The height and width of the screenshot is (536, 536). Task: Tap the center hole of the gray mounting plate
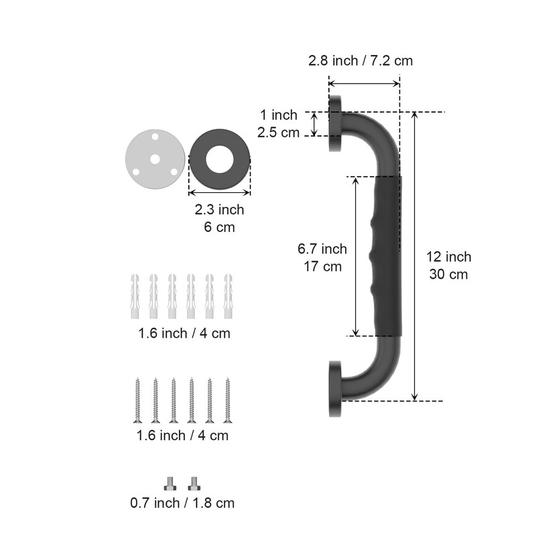155,159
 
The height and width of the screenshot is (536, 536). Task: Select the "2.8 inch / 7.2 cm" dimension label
360,60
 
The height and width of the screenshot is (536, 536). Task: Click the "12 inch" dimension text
448,257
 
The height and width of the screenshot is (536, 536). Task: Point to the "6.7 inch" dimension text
322,249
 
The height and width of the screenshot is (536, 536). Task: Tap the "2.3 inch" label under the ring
220,210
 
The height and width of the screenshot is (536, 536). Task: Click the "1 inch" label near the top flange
279,115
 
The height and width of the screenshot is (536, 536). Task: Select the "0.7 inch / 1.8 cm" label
182,503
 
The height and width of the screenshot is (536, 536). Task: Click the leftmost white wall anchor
135,296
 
